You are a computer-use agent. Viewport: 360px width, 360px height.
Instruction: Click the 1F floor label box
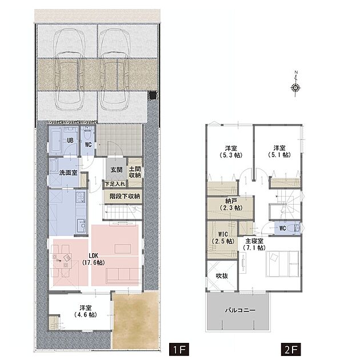pyautogui.click(x=179, y=350)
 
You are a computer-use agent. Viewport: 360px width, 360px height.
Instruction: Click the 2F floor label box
pyautogui.click(x=291, y=350)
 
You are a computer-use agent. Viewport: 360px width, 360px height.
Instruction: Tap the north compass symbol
pyautogui.click(x=296, y=84)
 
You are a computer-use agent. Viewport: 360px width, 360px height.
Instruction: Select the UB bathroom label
pyautogui.click(x=70, y=140)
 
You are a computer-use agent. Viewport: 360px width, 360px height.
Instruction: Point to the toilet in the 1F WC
pyautogui.click(x=87, y=134)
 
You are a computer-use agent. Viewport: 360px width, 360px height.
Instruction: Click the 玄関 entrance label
pyautogui.click(x=117, y=170)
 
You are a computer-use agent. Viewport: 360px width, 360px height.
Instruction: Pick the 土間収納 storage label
pyautogui.click(x=135, y=172)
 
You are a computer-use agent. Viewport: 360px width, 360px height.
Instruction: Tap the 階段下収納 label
pyautogui.click(x=125, y=197)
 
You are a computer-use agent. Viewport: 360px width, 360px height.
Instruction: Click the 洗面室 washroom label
pyautogui.click(x=68, y=173)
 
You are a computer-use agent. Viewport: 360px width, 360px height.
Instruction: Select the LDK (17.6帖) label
pyautogui.click(x=94, y=259)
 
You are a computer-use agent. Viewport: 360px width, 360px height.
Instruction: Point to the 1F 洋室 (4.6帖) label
pyautogui.click(x=86, y=311)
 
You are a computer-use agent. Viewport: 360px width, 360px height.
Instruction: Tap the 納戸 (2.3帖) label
pyautogui.click(x=231, y=205)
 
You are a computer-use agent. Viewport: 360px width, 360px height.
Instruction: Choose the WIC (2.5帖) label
pyautogui.click(x=223, y=238)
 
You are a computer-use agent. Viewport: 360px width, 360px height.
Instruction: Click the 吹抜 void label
pyautogui.click(x=222, y=276)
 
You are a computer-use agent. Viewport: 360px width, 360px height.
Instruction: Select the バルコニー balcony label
pyautogui.click(x=240, y=310)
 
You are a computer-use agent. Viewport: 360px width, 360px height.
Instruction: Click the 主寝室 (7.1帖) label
pyautogui.click(x=254, y=245)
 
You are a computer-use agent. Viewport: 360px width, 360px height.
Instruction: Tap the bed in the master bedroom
pyautogui.click(x=283, y=264)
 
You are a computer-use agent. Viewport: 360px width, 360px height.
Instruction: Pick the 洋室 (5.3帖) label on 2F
pyautogui.click(x=231, y=151)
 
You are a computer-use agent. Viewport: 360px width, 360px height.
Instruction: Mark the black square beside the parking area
pyautogui.click(x=153, y=95)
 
